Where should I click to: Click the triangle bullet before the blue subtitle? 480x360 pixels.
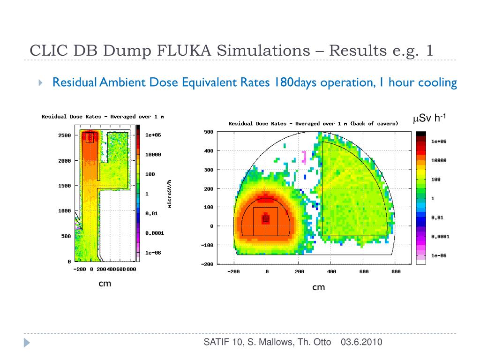click(41, 83)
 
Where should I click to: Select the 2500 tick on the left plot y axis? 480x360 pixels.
click(64, 135)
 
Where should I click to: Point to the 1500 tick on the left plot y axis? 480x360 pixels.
click(64, 186)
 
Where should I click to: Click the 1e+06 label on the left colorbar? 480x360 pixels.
click(153, 135)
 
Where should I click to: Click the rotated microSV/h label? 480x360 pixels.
click(170, 193)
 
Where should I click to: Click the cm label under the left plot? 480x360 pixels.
click(105, 284)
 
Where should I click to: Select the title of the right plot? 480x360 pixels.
click(313, 124)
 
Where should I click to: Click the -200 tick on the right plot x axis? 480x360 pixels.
click(234, 272)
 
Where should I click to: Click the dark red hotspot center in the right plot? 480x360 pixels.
click(266, 218)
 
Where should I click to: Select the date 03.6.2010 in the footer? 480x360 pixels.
click(361, 342)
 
